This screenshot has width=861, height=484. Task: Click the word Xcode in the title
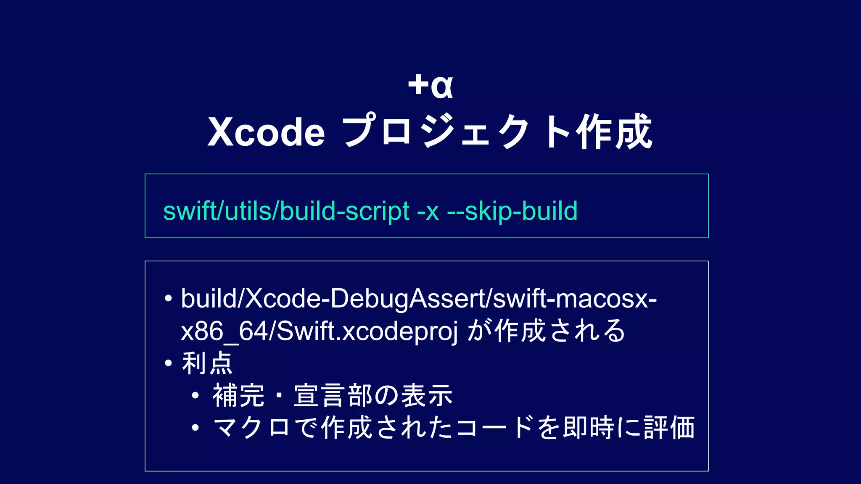(266, 132)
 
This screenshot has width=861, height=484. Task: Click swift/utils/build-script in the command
(286, 211)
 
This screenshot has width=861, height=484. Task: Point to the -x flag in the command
(428, 211)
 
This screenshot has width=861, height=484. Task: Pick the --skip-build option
(512, 211)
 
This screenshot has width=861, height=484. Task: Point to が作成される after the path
(546, 331)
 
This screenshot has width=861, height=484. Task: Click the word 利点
(207, 363)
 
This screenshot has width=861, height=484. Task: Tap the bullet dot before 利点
(169, 363)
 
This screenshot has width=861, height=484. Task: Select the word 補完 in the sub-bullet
(238, 395)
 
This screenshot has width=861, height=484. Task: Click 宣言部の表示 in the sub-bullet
(373, 395)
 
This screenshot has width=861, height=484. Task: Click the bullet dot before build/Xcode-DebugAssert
(169, 299)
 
